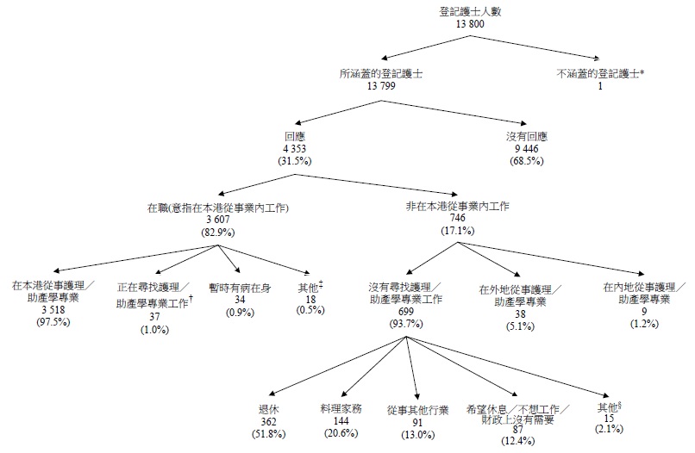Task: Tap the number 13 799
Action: (380, 88)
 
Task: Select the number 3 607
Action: (216, 220)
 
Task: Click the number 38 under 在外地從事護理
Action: (507, 315)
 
